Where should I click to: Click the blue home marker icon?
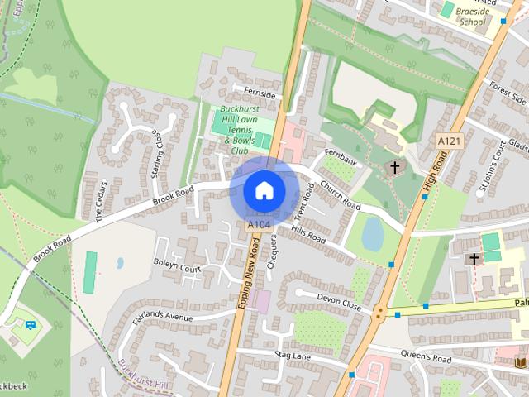(x=264, y=189)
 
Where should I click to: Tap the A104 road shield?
(x=258, y=224)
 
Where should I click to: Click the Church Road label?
(x=340, y=194)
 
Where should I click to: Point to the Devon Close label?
(x=340, y=300)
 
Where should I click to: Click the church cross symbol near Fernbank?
(x=394, y=168)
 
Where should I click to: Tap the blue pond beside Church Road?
(x=373, y=234)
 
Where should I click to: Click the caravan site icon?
(x=31, y=325)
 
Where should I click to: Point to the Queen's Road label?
(x=425, y=357)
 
